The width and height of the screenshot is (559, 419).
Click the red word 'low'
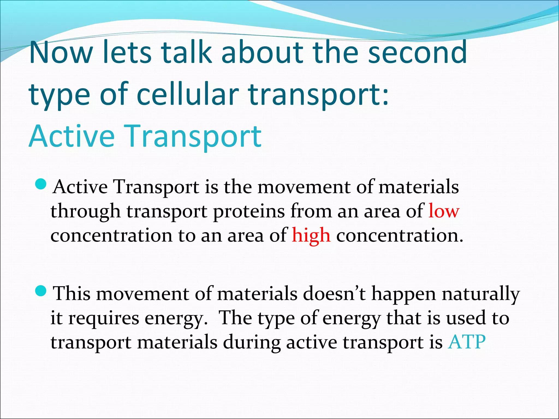(444, 211)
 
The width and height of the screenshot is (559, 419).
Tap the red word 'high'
(311, 235)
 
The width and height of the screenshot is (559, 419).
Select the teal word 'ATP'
(467, 342)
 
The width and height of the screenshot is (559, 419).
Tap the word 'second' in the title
(417, 52)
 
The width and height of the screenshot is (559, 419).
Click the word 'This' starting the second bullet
(71, 294)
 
